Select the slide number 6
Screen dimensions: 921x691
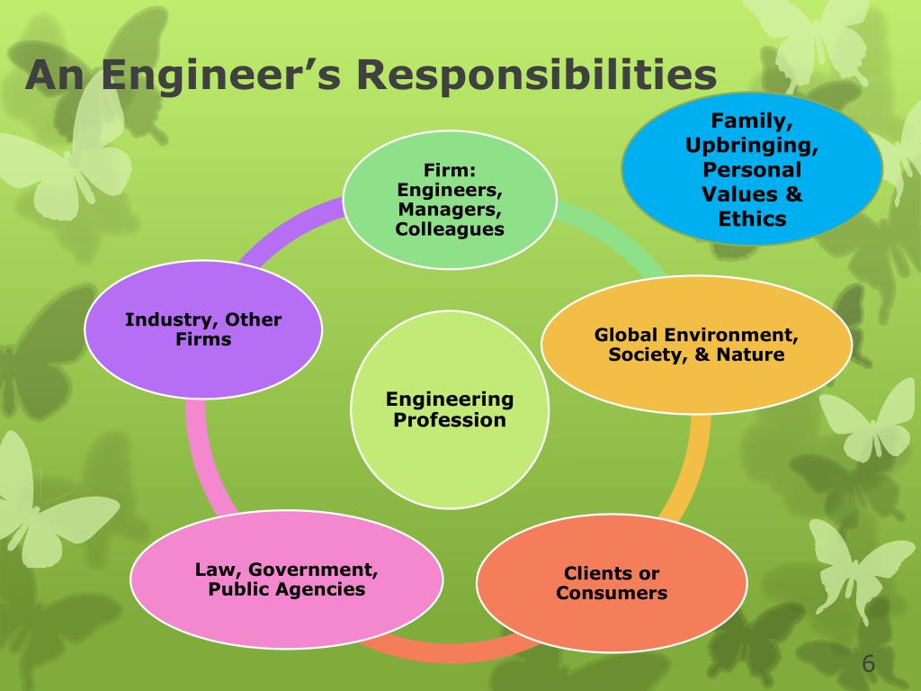pos(868,665)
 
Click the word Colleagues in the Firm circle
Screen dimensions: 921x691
pos(450,229)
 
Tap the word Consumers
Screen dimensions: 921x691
pos(612,594)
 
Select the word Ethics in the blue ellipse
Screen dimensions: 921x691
pos(752,219)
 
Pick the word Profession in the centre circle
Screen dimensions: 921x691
pos(450,420)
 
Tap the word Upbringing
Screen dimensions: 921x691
pos(752,145)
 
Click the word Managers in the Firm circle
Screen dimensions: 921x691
pos(450,210)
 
